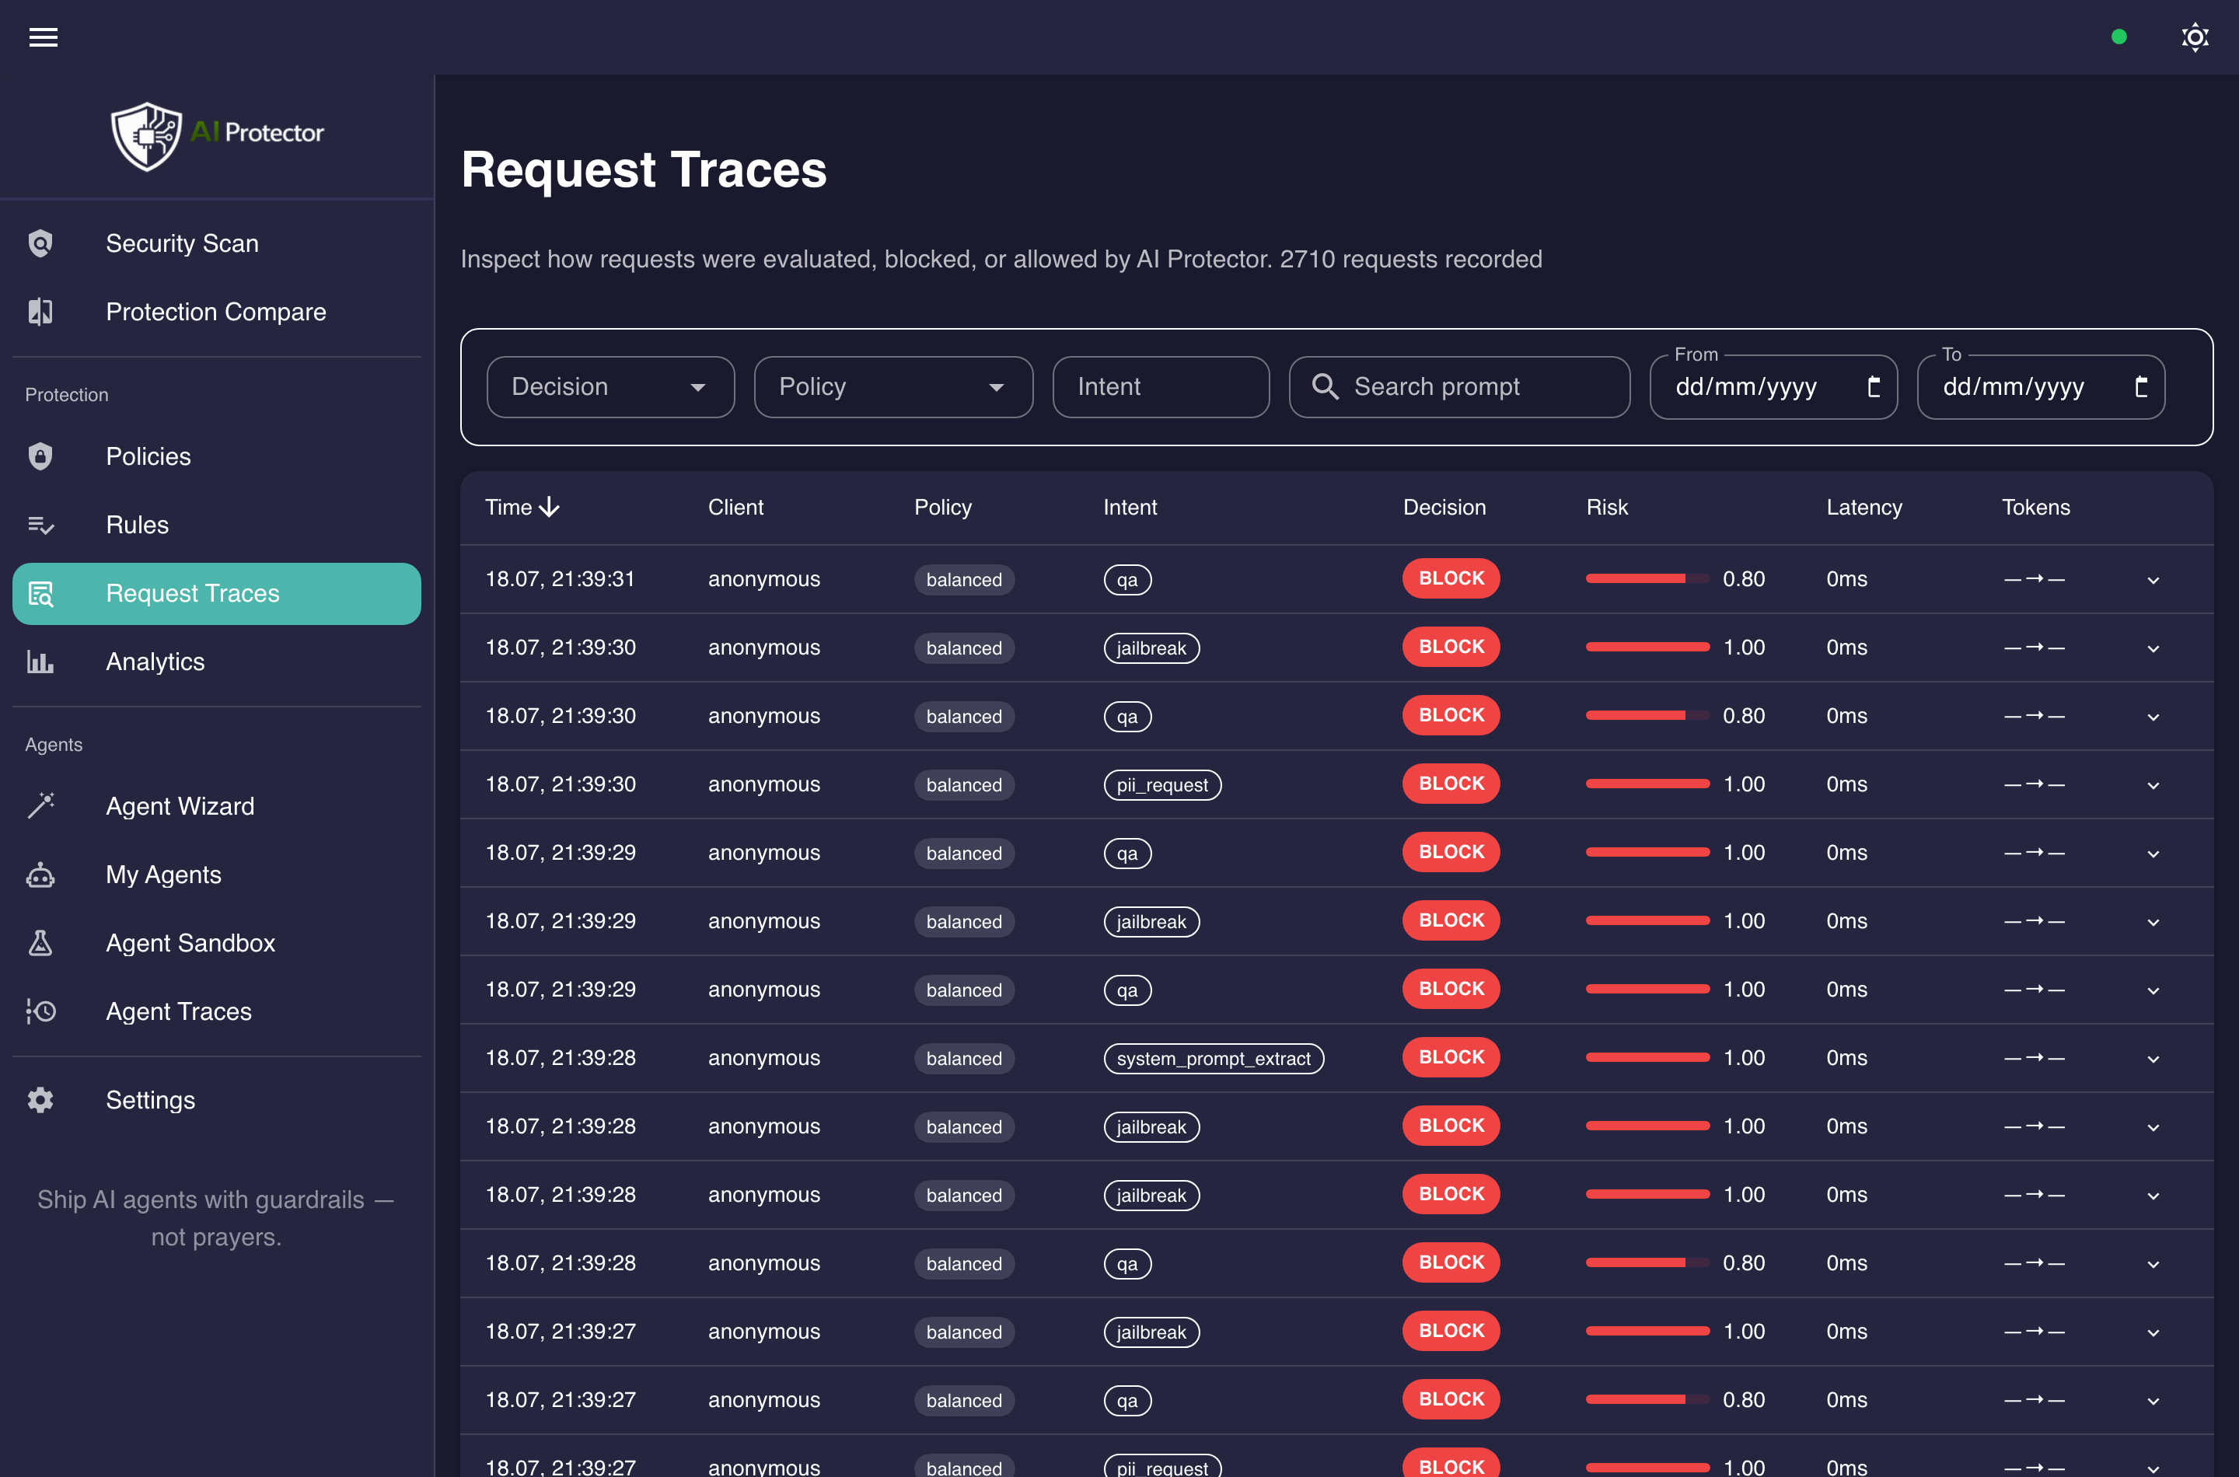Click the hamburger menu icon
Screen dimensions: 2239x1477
tap(44, 37)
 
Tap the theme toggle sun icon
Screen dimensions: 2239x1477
tap(2195, 37)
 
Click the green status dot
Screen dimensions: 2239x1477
tap(2118, 37)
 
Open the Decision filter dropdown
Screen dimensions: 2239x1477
tap(610, 386)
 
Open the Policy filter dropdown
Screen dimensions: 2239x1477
tap(893, 386)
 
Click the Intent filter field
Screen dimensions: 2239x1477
tap(1161, 386)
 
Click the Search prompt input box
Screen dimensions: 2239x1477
tap(1459, 386)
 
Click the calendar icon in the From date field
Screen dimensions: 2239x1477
tap(1874, 386)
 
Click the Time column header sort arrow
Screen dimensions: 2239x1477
tap(549, 507)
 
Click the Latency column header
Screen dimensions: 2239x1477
tap(1864, 507)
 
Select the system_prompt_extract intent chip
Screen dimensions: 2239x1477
tap(1214, 1058)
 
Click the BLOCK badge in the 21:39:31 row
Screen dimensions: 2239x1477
tap(1451, 578)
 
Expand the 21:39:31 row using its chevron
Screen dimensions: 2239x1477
tap(2153, 580)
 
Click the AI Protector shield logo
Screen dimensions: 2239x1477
tap(146, 135)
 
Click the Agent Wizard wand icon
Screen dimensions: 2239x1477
tap(40, 805)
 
